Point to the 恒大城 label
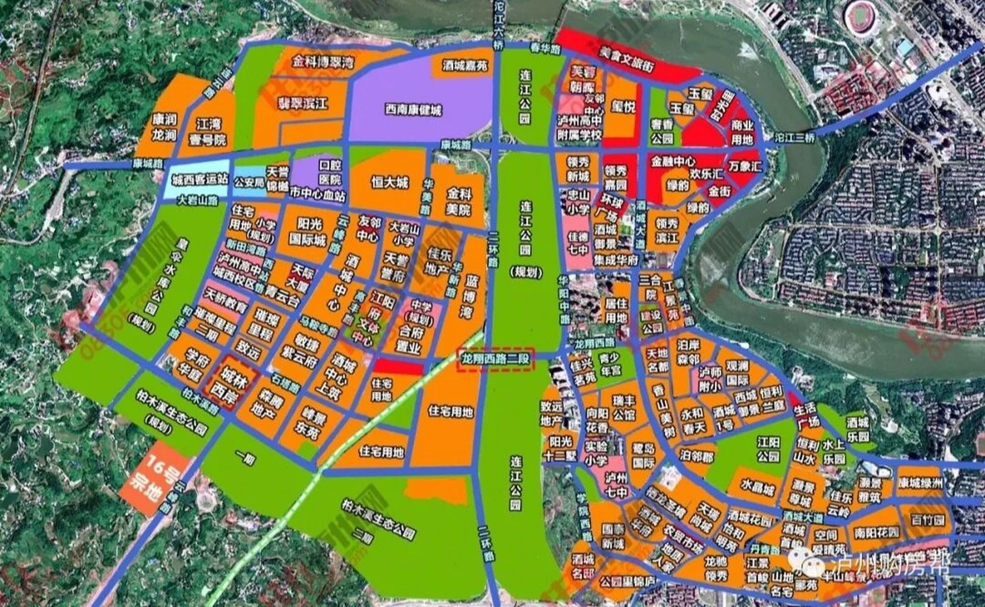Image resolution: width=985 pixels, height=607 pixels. point(389,183)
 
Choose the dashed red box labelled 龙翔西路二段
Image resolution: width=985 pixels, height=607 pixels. point(495,359)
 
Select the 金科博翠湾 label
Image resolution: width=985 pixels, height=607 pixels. point(323,62)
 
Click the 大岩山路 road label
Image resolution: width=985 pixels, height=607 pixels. point(198,201)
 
